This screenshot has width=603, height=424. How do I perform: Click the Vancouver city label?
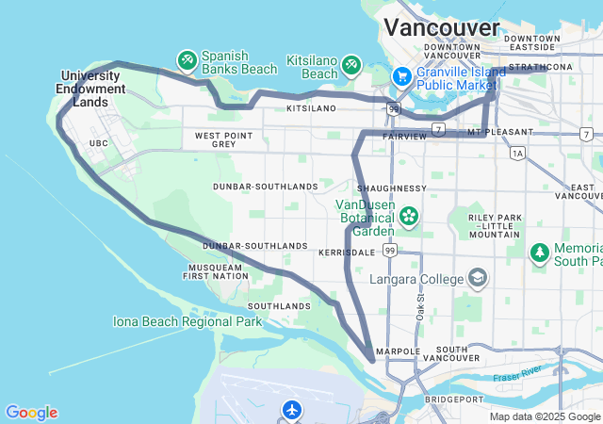pos(442,26)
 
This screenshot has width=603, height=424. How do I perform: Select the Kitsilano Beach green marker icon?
pos(351,64)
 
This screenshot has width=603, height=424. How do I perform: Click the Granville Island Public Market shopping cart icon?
pos(400,74)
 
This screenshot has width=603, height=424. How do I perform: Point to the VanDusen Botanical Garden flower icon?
pos(409,217)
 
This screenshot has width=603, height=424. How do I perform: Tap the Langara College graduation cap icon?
pos(479,278)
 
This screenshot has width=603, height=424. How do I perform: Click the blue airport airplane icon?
pos(292,410)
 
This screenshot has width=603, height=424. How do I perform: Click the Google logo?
pos(31,413)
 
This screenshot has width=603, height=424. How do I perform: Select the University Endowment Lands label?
pos(92,89)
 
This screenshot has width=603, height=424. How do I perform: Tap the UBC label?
pos(99,143)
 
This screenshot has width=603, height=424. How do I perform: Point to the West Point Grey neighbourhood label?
pos(222,140)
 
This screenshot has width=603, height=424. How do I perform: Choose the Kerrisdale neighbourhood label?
pos(348,253)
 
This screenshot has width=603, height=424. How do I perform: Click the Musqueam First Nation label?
pos(214,272)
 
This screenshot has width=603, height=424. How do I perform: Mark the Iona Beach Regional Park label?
pos(187,321)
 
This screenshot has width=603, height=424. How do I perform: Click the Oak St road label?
pos(419,309)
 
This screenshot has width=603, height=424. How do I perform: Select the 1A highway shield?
pos(517,153)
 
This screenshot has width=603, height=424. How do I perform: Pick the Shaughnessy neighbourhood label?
pos(392,188)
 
